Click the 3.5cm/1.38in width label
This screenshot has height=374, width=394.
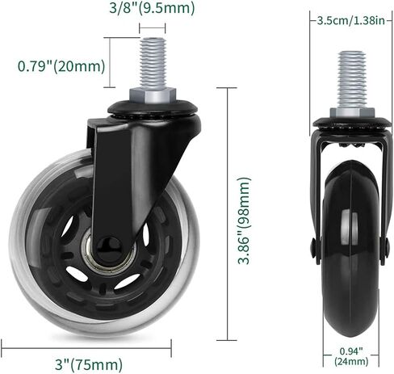(348, 20)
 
